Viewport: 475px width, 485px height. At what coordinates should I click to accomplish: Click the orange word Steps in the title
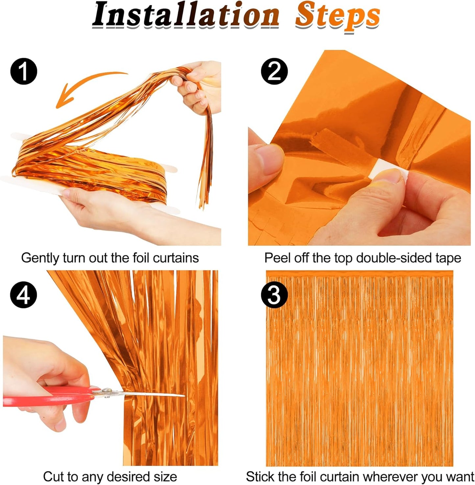[337, 16]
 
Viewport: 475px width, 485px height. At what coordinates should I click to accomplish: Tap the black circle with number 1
[24, 71]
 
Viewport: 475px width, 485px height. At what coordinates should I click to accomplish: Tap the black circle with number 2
[274, 71]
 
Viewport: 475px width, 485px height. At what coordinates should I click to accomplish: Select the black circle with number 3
[274, 295]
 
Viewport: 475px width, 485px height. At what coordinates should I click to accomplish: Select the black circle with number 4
[24, 295]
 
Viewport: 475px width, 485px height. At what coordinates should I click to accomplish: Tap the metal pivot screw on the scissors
[106, 391]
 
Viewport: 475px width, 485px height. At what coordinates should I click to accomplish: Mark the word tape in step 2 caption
[448, 258]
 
